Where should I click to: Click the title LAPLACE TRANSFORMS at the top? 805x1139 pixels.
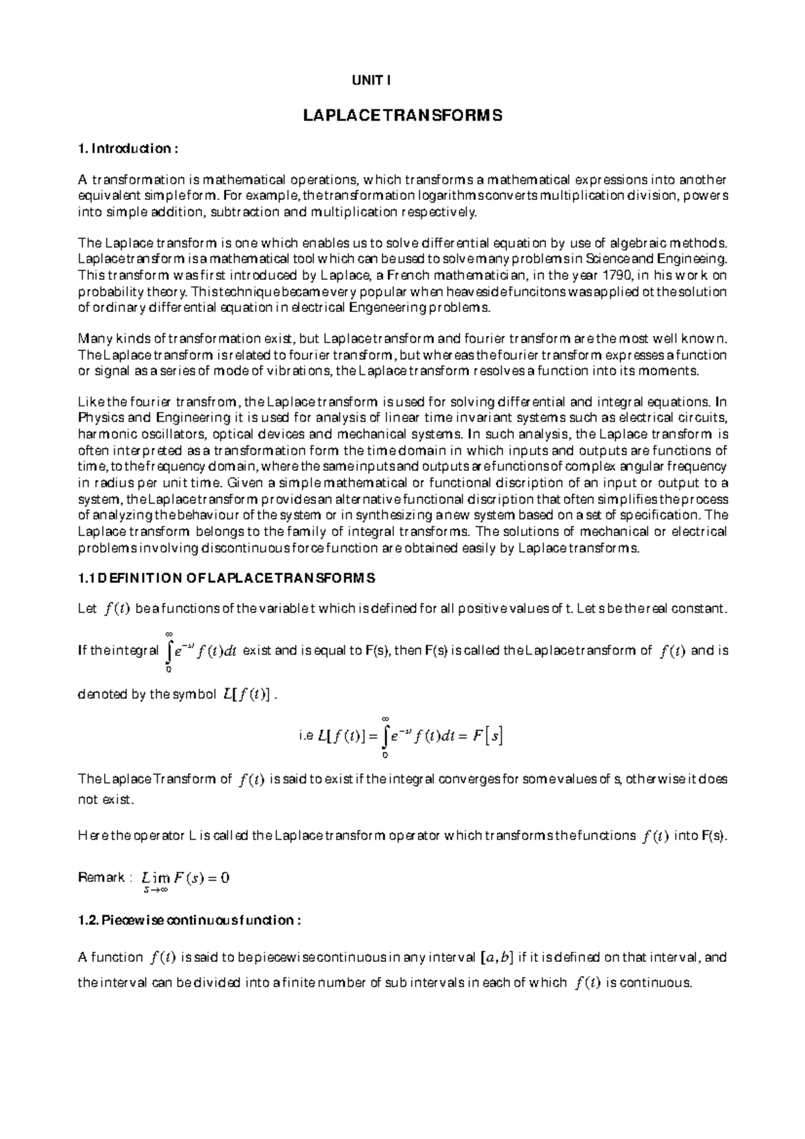click(402, 116)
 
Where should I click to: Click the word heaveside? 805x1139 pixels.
click(538, 292)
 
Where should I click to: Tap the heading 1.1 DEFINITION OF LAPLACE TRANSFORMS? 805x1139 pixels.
click(227, 578)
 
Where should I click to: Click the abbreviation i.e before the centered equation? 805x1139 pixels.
click(305, 737)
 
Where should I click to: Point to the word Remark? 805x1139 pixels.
click(101, 877)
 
